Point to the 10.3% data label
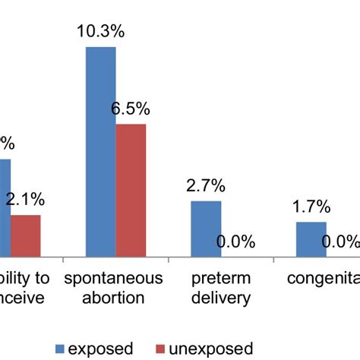point(99,32)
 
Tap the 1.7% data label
point(311,207)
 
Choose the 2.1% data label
point(26,201)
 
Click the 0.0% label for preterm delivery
point(235,242)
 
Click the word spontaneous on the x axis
point(114,278)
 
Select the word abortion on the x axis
point(114,297)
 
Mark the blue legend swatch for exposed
point(61,348)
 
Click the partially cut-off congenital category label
point(322,278)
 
